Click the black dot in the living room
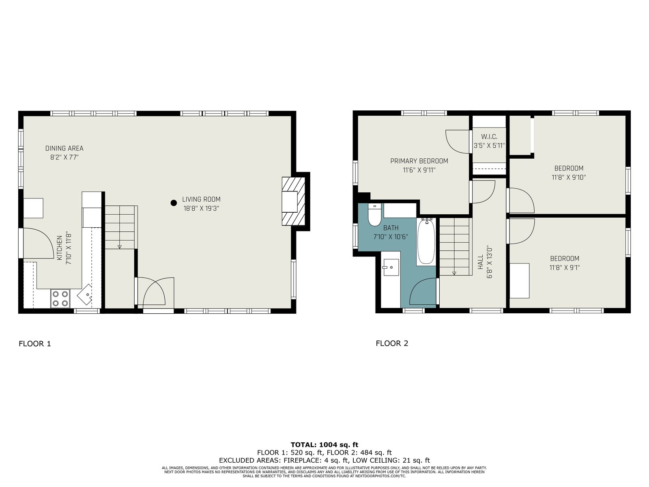(x=174, y=203)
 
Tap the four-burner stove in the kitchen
(x=60, y=298)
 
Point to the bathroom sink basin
(x=391, y=267)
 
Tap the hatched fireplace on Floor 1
(x=293, y=201)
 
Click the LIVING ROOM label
(x=201, y=199)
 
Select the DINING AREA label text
(x=64, y=148)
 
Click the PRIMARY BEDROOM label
(x=419, y=161)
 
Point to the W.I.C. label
(x=489, y=137)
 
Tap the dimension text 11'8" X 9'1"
(x=565, y=267)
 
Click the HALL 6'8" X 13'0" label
(x=485, y=262)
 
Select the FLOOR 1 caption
(x=35, y=344)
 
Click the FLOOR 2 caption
(x=392, y=343)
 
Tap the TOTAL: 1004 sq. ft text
(x=324, y=445)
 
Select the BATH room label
(x=391, y=228)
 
